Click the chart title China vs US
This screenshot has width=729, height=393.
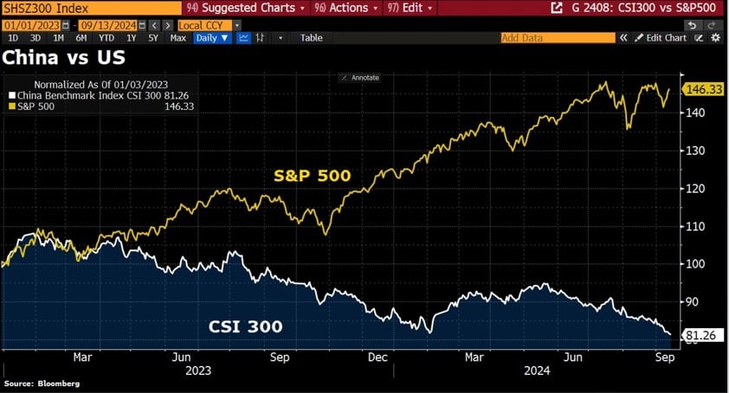coord(63,58)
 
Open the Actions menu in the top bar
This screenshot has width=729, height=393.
coord(345,8)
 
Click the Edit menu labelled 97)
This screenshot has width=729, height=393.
coord(409,8)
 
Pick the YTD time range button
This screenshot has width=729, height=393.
coord(106,38)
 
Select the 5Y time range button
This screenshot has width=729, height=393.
coord(152,38)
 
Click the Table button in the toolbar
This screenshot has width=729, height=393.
coord(312,38)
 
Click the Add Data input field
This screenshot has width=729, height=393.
coord(558,38)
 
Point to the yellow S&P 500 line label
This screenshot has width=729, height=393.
coord(312,176)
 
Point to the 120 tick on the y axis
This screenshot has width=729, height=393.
coord(696,189)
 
